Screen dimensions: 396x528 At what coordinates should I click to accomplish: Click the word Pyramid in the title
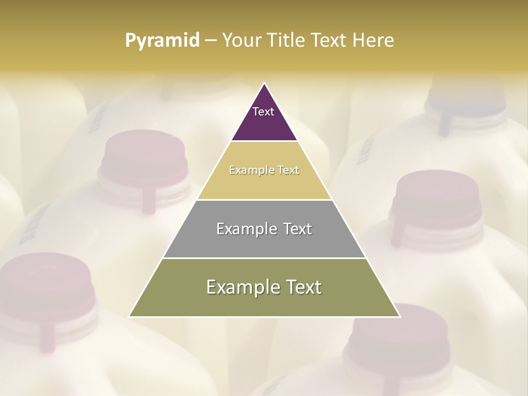click(162, 41)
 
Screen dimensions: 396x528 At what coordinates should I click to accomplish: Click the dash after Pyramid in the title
click(210, 41)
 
